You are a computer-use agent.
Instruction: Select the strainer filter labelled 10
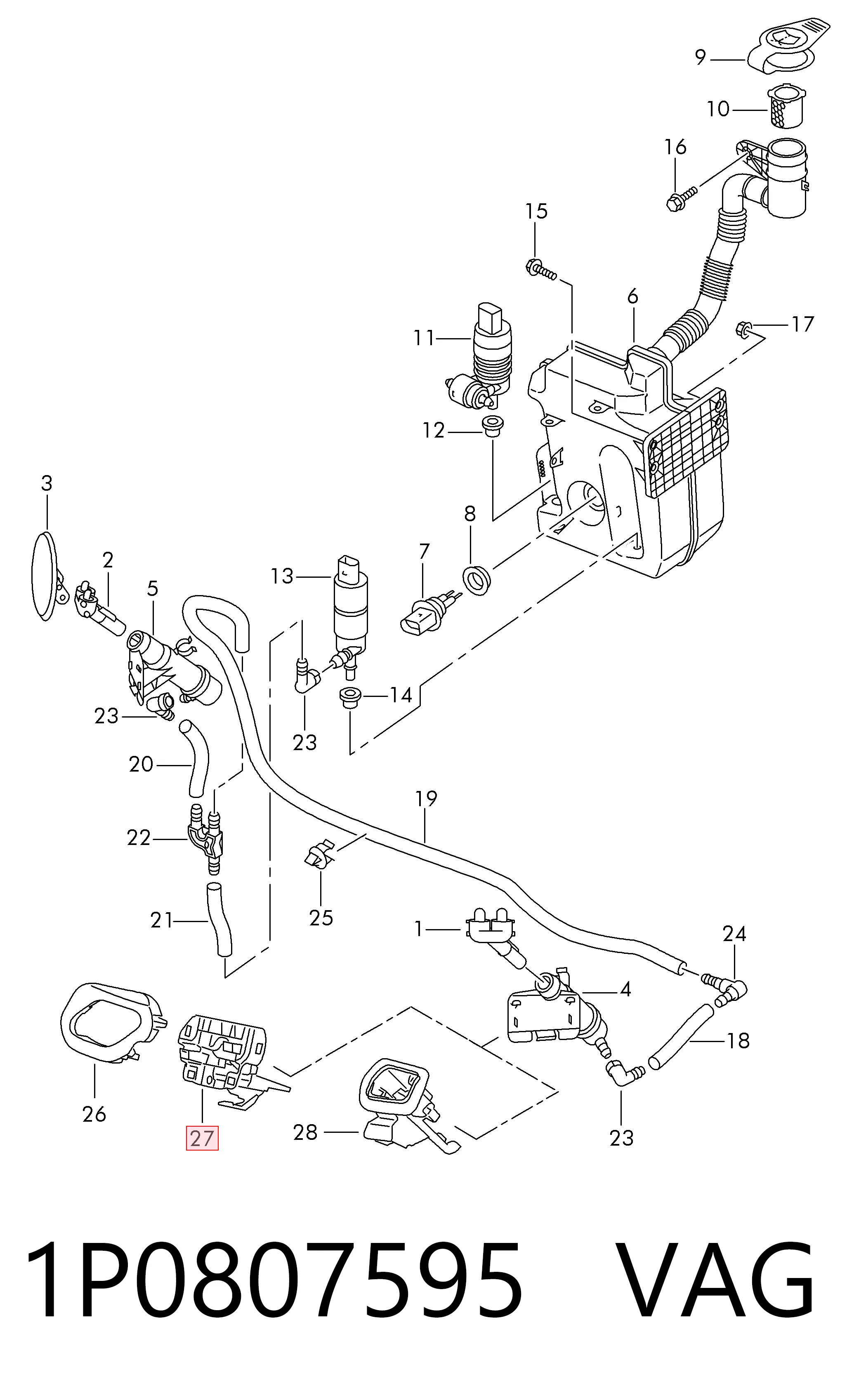pos(785,106)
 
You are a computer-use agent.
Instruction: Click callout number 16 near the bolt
pos(675,147)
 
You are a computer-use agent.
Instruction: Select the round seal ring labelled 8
pos(478,579)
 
